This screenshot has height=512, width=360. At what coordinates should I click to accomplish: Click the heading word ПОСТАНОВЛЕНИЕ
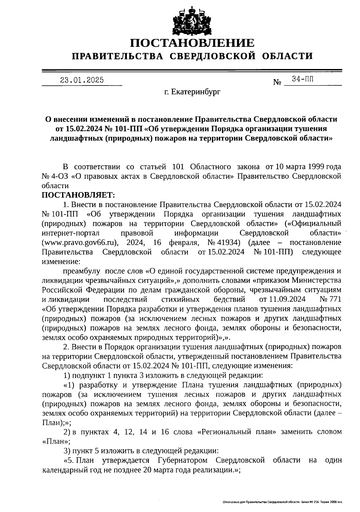point(192,43)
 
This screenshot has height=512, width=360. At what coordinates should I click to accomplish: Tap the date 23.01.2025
point(82,80)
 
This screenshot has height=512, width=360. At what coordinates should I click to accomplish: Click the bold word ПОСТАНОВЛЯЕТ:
point(78,195)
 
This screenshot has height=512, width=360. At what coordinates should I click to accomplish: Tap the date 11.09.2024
point(282,299)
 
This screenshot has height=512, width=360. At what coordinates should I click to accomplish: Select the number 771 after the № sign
point(335,299)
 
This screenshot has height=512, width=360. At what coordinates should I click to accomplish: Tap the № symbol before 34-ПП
point(277,82)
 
